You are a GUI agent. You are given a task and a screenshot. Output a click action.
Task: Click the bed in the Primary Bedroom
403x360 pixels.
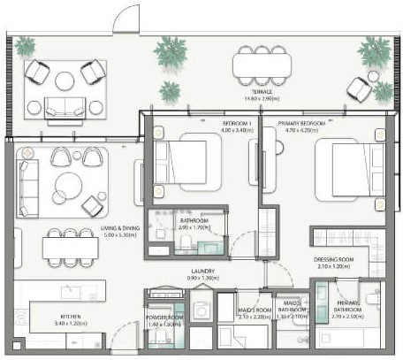[x=345, y=166]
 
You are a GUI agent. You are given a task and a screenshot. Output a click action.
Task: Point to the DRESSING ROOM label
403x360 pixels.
[x=332, y=260]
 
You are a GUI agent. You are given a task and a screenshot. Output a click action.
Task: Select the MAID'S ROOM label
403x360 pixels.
[x=255, y=310]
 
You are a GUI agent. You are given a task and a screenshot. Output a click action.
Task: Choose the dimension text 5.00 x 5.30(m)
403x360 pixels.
[x=95, y=235]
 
